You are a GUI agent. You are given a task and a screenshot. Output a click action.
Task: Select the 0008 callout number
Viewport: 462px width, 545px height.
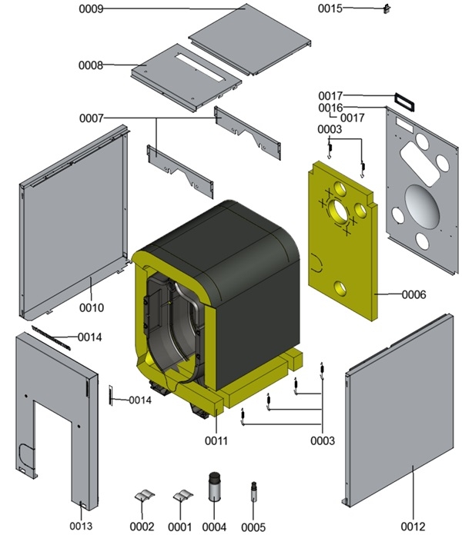click(90, 65)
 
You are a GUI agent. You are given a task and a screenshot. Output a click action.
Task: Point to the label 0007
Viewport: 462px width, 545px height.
click(90, 118)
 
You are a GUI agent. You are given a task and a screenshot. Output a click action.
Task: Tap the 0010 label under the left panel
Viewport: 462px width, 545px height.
click(91, 307)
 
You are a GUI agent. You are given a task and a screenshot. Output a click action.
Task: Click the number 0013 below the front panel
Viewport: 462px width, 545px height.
click(81, 526)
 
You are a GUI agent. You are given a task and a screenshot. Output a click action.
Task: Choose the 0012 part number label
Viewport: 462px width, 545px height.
click(412, 527)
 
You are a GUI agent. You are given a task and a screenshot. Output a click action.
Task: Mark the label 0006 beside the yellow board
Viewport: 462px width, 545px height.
click(413, 294)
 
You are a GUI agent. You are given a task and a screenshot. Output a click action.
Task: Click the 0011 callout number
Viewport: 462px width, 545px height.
click(216, 441)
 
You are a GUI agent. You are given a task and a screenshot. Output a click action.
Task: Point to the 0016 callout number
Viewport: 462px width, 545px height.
click(330, 108)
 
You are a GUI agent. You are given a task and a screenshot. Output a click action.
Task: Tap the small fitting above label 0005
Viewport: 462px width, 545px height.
click(253, 491)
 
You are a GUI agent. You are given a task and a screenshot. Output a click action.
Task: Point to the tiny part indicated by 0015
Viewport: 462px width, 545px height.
click(387, 9)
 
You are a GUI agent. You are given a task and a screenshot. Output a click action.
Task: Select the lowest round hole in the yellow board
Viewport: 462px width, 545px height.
click(340, 287)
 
